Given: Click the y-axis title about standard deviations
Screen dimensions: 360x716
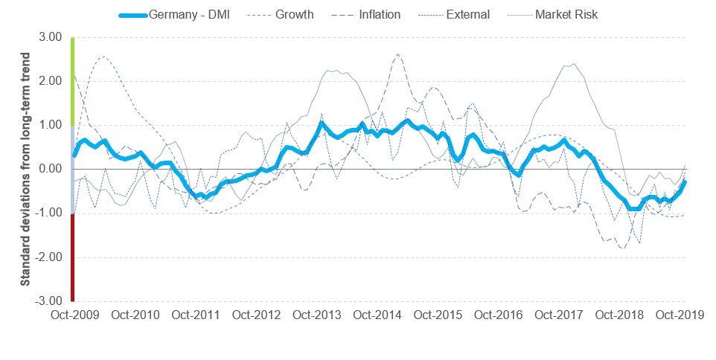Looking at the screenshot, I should (25, 169).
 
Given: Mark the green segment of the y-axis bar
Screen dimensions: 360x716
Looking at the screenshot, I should (72, 81).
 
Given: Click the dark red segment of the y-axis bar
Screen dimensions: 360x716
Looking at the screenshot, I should (72, 257).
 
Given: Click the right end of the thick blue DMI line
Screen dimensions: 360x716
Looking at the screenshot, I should (684, 181).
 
